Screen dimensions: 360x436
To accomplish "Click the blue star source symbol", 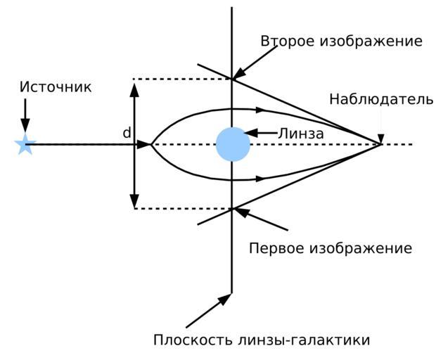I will pyautogui.click(x=25, y=145).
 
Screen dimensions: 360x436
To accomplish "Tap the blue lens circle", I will pyautogui.click(x=233, y=144).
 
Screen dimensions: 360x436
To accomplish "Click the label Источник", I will pyautogui.click(x=56, y=87).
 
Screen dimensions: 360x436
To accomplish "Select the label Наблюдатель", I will pyautogui.click(x=381, y=99).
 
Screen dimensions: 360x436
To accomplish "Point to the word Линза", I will pyautogui.click(x=301, y=133).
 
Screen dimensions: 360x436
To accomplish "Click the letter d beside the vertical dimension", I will pyautogui.click(x=127, y=133).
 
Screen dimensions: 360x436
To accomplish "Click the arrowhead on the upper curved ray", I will pyautogui.click(x=261, y=110).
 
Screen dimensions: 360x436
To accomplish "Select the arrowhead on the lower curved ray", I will pyautogui.click(x=261, y=180).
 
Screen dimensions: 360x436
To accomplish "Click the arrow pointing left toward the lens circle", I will pyautogui.click(x=262, y=133).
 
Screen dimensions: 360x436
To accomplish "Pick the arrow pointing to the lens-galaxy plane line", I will pyautogui.click(x=209, y=311).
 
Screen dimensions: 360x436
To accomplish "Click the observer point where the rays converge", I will pyautogui.click(x=380, y=144).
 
